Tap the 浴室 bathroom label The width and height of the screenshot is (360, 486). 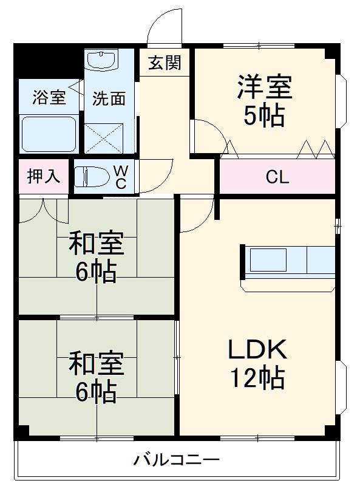point(50,97)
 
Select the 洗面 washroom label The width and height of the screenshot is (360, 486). point(109,98)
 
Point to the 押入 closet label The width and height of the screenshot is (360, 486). point(44,176)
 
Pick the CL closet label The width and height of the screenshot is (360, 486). point(277,177)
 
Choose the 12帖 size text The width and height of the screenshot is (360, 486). point(257,378)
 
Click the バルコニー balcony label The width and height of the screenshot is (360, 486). point(176,460)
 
